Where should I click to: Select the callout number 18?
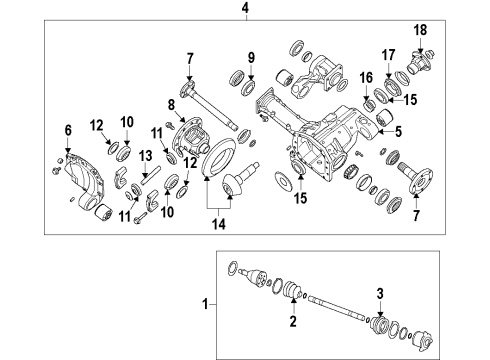[x=421, y=31]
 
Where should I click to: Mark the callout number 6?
[x=68, y=130]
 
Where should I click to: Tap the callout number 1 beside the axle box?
[x=207, y=301]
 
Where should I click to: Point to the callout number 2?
[x=293, y=322]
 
